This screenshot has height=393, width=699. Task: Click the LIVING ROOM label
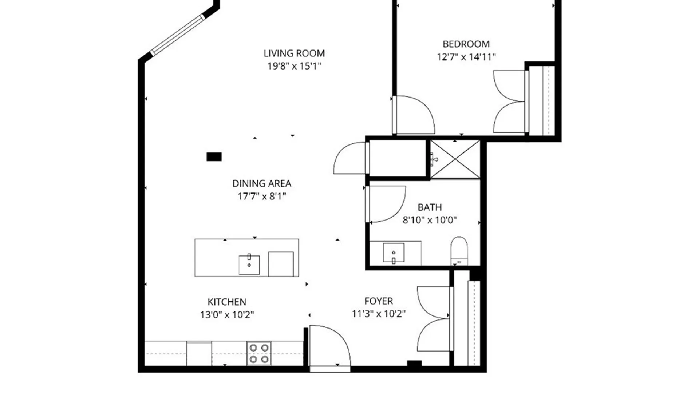point(294,53)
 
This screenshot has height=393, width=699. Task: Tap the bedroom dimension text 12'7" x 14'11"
point(466,57)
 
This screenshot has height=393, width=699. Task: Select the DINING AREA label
point(262,183)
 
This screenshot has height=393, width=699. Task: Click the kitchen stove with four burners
point(259,353)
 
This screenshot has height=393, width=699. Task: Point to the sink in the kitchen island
point(249,264)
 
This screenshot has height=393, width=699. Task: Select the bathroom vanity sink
point(394,253)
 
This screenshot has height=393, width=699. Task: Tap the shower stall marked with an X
point(455,159)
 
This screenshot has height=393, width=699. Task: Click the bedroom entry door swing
point(414,115)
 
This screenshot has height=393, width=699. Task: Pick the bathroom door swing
point(386,204)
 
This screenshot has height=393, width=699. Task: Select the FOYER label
point(379,301)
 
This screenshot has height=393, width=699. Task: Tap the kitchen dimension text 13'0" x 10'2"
point(227,315)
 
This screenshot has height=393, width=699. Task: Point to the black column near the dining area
point(214,157)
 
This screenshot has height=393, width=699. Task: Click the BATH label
point(430,207)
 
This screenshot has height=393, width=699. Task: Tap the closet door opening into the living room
point(349,158)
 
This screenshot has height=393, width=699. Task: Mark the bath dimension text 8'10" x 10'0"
point(430,220)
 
